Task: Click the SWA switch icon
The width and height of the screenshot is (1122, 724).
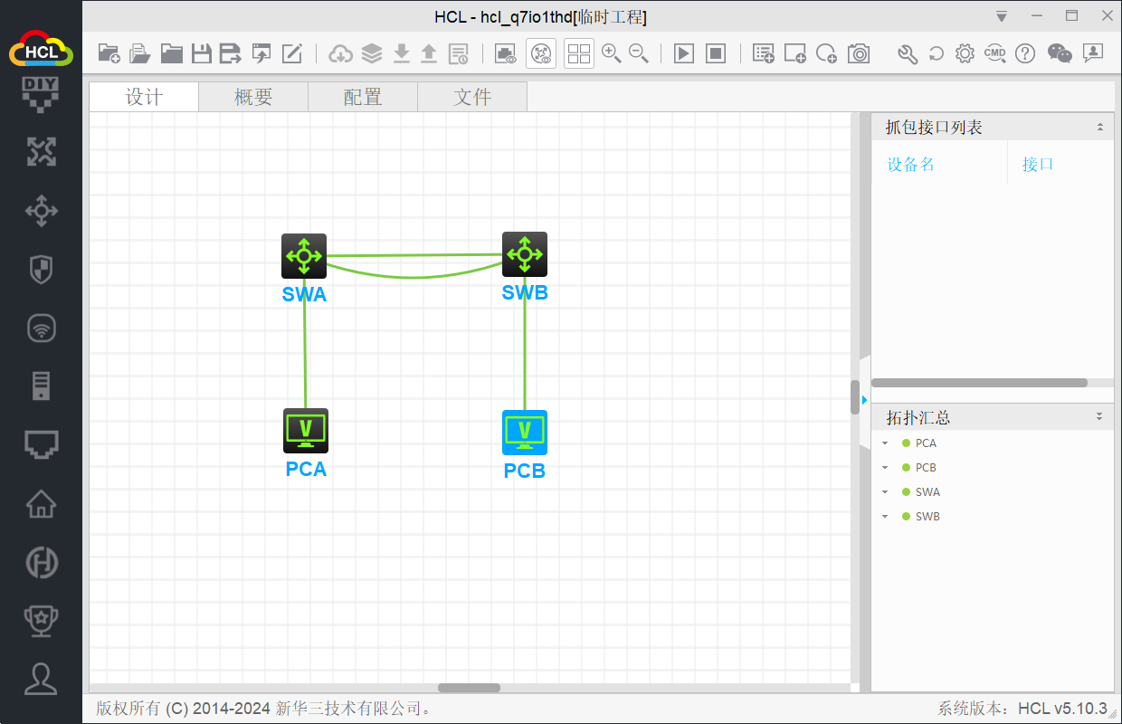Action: click(304, 256)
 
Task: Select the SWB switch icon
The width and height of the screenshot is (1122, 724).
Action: click(525, 254)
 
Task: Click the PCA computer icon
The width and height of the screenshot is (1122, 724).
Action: click(306, 431)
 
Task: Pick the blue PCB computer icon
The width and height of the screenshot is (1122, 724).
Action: click(525, 433)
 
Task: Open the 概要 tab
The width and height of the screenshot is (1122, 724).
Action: click(253, 97)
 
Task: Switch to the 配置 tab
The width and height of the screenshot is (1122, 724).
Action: click(363, 97)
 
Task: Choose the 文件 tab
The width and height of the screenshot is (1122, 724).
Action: click(472, 97)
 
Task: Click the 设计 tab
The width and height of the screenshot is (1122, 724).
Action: click(144, 97)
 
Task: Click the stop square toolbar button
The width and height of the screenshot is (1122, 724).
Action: click(715, 53)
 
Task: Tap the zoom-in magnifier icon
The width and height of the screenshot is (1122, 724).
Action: click(611, 53)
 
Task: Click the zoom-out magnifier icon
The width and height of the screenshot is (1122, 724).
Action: click(639, 53)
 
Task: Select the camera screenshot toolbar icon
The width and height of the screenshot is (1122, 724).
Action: click(859, 53)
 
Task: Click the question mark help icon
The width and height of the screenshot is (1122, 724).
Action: click(1025, 53)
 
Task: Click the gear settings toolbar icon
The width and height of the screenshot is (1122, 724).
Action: click(965, 53)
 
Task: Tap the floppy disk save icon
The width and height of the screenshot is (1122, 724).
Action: click(202, 53)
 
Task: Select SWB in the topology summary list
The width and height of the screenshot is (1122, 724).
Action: click(927, 516)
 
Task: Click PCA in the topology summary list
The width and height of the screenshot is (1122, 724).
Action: click(926, 443)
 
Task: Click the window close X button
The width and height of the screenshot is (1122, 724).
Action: click(1107, 16)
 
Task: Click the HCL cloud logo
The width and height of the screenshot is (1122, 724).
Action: click(41, 49)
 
